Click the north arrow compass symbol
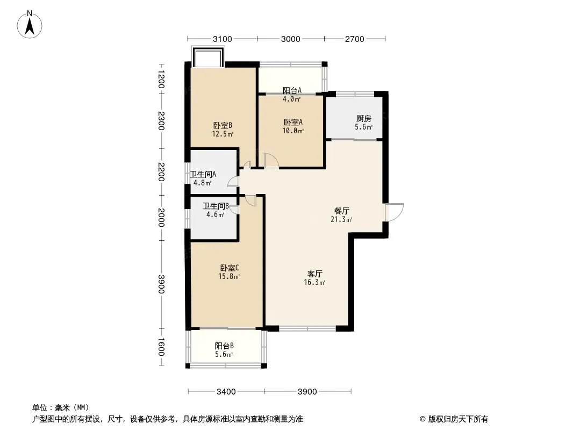point(30,25)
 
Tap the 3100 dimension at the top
point(222,39)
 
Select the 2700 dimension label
point(354,39)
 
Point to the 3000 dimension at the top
point(290,39)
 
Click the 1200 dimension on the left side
point(161,79)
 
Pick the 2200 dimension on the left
point(161,171)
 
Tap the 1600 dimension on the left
point(161,347)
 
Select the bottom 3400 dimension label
point(226,392)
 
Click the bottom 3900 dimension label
point(307,392)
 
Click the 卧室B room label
point(223,126)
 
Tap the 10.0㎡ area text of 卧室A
point(293,131)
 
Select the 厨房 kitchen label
point(363,118)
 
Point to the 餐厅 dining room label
point(342,211)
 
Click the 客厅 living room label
point(314,274)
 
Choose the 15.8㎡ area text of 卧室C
point(229,277)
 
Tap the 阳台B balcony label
point(224,346)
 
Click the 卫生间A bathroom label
point(203,174)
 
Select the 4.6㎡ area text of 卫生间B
point(215,215)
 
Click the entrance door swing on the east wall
point(395,212)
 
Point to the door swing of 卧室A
point(271,161)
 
